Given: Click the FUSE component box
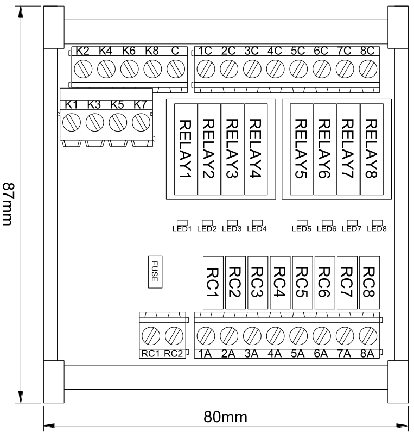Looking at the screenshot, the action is [x=155, y=272].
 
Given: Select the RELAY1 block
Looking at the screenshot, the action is [x=186, y=149].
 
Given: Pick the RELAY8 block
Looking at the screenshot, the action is [x=372, y=149].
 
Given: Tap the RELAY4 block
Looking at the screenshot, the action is [x=256, y=149].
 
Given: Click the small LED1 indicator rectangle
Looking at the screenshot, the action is [x=182, y=222].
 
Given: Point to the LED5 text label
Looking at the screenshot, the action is [x=301, y=229].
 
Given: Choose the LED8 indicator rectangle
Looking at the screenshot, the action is [x=378, y=222].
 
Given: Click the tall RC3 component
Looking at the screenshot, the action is [x=258, y=283].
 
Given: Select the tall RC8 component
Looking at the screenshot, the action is [x=370, y=283].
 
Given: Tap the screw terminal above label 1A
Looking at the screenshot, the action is [x=206, y=336].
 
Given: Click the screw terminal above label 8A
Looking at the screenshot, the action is [x=368, y=336].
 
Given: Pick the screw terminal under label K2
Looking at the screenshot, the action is [x=83, y=68].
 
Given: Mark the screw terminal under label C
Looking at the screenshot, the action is [x=176, y=68].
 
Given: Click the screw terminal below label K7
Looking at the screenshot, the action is [x=141, y=122].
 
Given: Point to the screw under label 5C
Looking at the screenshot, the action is [x=298, y=68].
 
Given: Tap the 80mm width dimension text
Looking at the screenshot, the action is [x=225, y=417].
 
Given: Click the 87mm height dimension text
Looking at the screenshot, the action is [x=8, y=204].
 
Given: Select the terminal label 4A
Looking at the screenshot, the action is [x=275, y=354].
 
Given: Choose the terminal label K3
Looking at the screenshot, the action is [x=94, y=104].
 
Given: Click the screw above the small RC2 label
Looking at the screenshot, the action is [x=174, y=336].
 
